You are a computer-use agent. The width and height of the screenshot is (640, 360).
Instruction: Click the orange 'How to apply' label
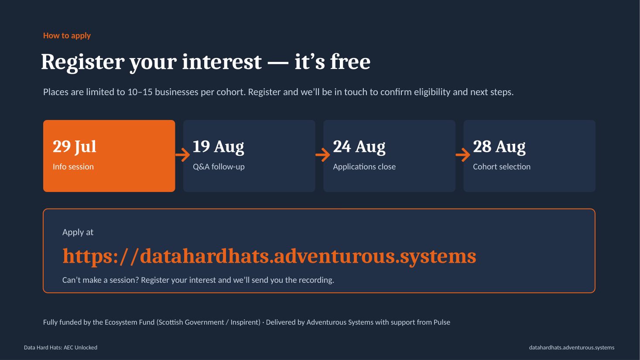coord(67,36)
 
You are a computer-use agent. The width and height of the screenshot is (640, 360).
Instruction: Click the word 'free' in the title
coord(350,62)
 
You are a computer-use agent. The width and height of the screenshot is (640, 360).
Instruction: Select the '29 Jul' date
coord(74,147)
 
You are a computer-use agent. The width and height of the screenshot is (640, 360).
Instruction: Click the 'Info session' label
coord(73,167)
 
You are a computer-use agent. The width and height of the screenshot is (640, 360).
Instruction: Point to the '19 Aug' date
coord(218,147)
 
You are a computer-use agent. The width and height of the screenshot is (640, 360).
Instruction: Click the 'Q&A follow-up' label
coord(219,167)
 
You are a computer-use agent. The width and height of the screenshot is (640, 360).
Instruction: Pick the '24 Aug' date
coord(359,147)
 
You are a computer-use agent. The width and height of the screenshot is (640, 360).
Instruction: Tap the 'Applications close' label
coord(364,167)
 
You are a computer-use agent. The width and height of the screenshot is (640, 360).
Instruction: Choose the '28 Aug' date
coord(499,147)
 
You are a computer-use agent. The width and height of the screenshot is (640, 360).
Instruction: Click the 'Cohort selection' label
coord(501,167)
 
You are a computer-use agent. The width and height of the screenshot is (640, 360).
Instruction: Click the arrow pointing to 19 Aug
coord(182,155)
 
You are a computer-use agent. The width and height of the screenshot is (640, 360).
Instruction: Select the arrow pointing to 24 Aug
coord(323,155)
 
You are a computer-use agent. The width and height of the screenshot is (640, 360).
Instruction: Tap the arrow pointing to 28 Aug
coord(463,155)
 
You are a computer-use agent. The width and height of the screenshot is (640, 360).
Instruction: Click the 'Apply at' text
coord(78,232)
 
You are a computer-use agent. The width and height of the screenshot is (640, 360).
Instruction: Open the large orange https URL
coord(269,256)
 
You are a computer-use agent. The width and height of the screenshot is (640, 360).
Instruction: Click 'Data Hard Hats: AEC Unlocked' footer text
coord(61,347)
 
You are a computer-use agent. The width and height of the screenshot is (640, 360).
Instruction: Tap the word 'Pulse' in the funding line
coord(441,322)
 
